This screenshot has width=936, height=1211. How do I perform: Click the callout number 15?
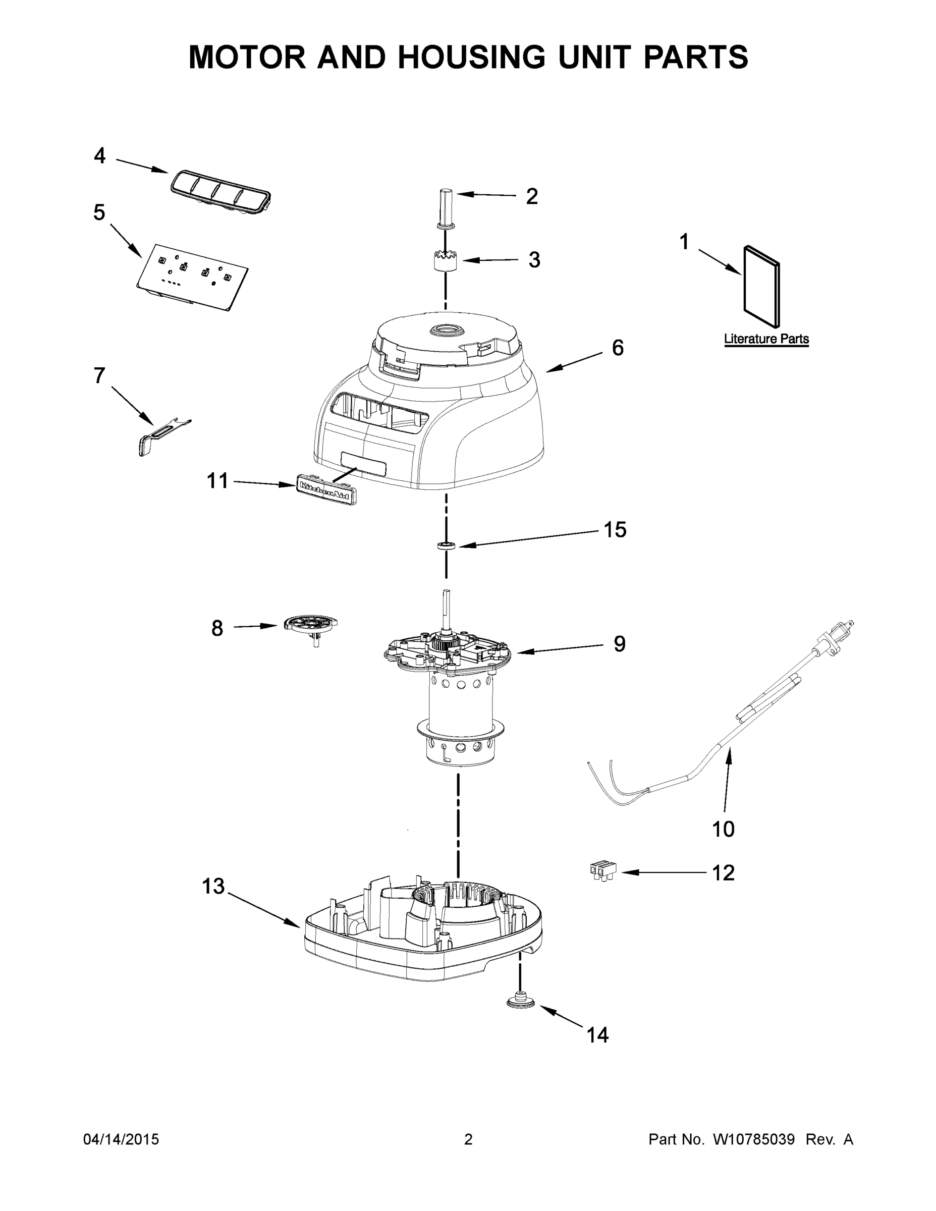click(615, 529)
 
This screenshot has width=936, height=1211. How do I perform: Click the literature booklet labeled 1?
click(761, 287)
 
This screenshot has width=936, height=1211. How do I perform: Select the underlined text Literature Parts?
click(766, 339)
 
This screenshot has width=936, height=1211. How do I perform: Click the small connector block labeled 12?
click(603, 870)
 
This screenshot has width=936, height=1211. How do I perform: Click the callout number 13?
click(213, 886)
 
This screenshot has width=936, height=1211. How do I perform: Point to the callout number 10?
click(723, 829)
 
